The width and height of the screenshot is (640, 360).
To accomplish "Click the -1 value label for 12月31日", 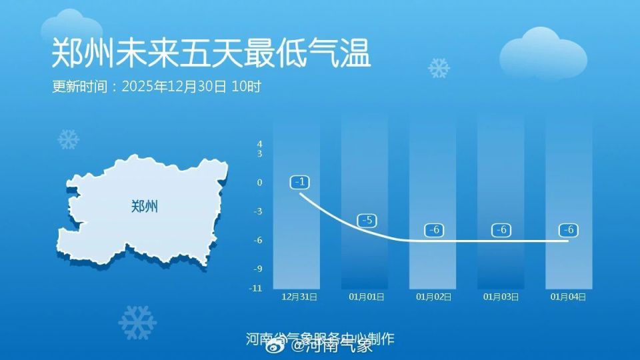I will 299,182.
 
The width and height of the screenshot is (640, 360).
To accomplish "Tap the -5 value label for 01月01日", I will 367,220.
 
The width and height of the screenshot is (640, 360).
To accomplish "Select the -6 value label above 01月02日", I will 434,230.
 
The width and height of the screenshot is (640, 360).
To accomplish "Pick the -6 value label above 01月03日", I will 502,230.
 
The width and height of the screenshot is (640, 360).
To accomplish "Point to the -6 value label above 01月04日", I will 569,230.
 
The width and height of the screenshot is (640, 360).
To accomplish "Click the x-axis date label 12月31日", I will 299,297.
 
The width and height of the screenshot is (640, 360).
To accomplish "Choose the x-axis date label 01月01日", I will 367,297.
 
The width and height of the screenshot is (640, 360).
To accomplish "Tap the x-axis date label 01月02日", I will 434,297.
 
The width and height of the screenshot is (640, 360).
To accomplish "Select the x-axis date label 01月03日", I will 501,297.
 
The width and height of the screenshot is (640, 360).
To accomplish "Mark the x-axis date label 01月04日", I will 569,297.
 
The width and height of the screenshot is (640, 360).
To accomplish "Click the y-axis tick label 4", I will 259,144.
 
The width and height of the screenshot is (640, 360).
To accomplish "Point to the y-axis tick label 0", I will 259,182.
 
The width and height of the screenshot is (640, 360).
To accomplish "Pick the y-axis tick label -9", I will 258,269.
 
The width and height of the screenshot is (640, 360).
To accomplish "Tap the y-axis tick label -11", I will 257,288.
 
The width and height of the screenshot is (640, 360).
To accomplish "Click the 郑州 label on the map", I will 145,206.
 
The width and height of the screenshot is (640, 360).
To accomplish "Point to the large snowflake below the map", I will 137,323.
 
